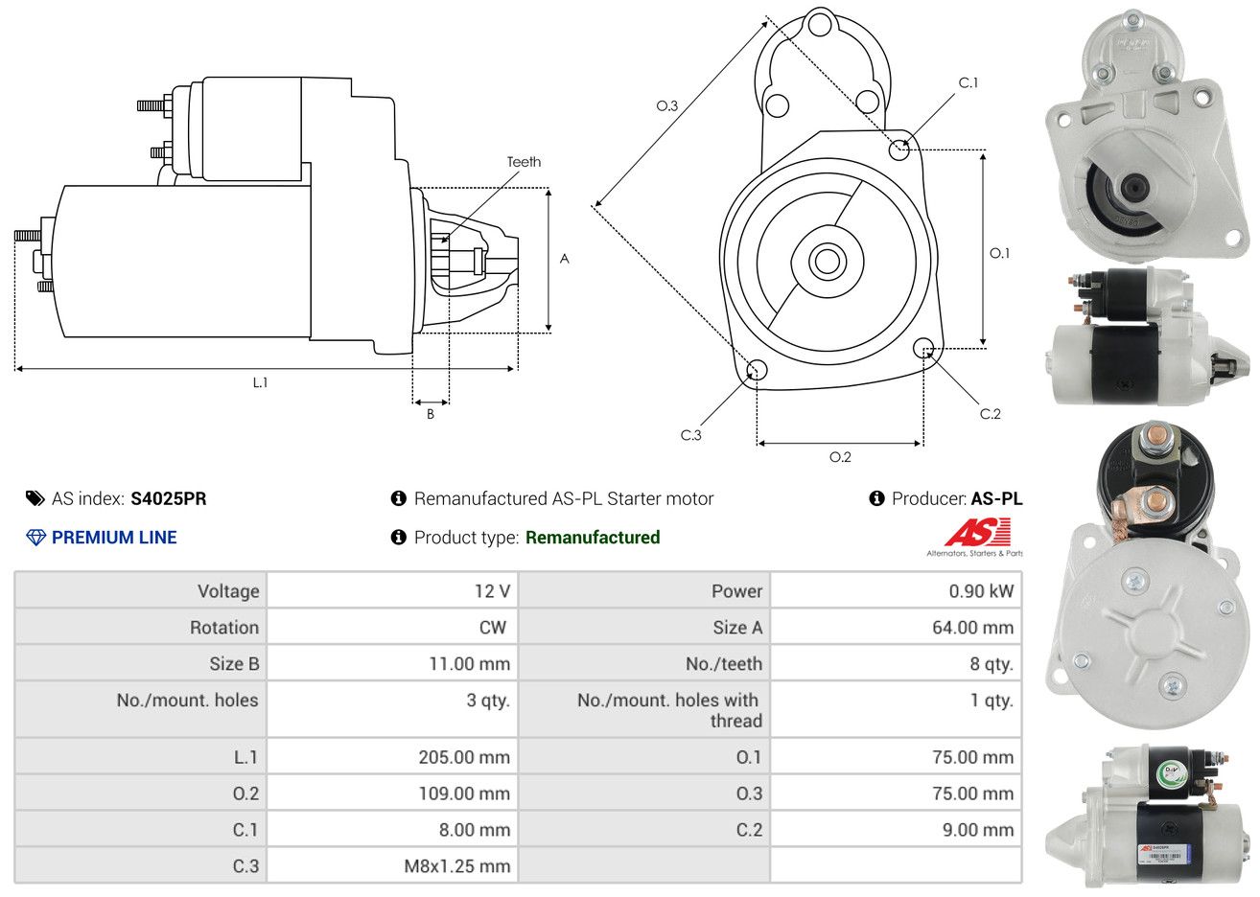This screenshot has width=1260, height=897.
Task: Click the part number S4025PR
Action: pos(168,498)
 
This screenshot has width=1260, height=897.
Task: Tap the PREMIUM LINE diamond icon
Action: pos(36,538)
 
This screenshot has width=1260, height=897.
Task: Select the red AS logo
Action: pos(978,532)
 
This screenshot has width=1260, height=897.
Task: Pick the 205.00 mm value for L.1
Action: pos(464,757)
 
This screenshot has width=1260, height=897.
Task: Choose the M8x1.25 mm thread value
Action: pos(456,866)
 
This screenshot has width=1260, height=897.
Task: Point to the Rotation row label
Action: pos(224,627)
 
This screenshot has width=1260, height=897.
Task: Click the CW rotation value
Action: pos(493,627)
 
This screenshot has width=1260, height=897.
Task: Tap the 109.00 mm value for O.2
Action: pos(464,793)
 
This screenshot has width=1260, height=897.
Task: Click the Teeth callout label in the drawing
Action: pos(524,162)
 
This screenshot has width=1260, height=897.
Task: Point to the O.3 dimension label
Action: pos(667,105)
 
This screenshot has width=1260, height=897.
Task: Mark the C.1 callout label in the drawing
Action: pos(968,82)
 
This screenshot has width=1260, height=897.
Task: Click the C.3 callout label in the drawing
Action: pos(690,435)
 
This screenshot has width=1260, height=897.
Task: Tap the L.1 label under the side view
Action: pos(260,382)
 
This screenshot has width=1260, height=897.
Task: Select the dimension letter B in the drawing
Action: pos(431,414)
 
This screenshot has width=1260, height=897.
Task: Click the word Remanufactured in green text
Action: pos(593,538)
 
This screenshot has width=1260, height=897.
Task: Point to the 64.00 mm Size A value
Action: pos(972,627)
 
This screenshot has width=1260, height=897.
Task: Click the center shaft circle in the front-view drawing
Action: pos(827,262)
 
